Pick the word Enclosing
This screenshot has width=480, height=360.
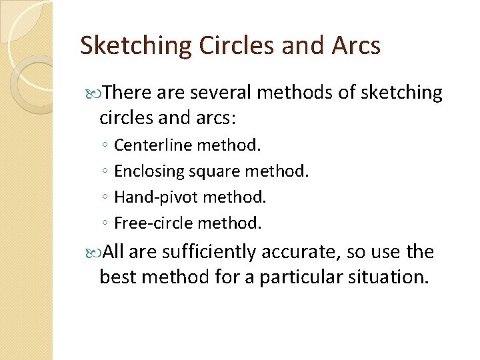pyautogui.click(x=151, y=171)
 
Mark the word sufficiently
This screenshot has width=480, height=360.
pyautogui.click(x=210, y=252)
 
